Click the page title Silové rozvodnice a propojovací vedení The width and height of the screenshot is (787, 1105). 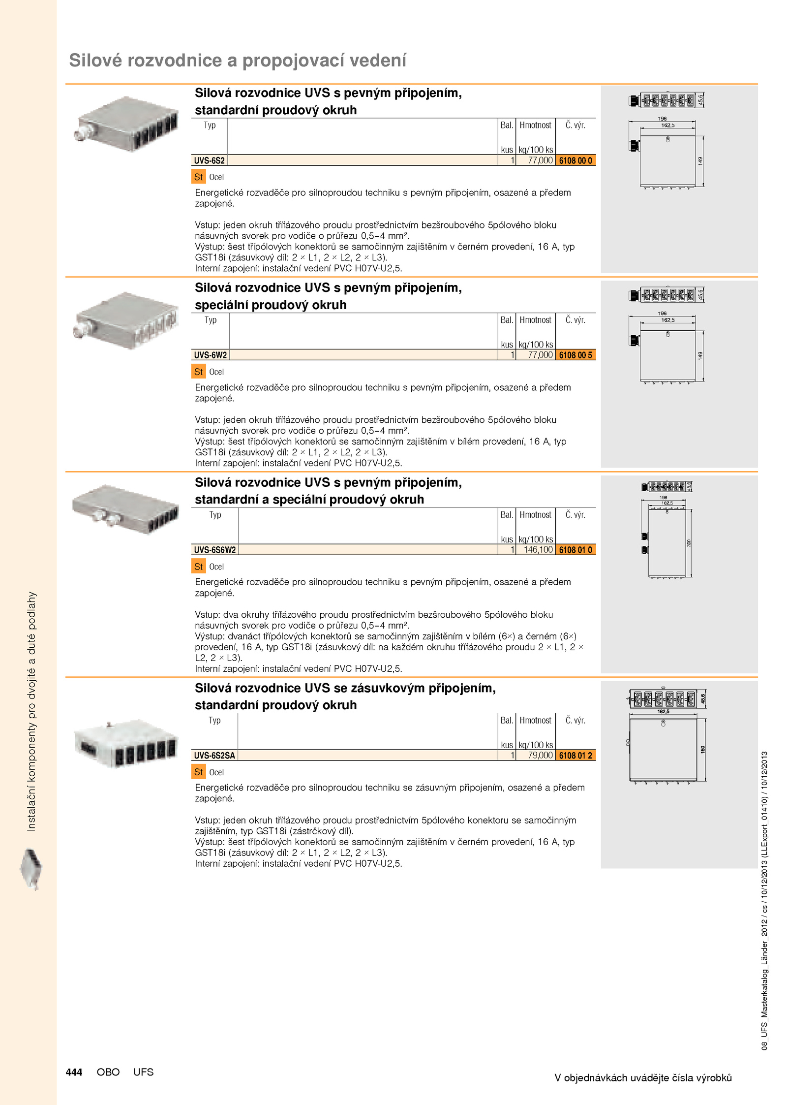(x=238, y=61)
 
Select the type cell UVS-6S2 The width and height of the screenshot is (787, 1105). (x=209, y=160)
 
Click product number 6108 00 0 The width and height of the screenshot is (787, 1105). (x=575, y=160)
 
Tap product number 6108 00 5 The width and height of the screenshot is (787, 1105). (x=575, y=355)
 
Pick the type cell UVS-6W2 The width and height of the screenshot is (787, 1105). (x=210, y=355)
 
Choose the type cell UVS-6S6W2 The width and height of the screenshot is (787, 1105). (x=214, y=550)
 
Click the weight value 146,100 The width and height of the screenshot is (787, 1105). (x=538, y=550)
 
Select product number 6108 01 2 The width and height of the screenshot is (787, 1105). (x=575, y=755)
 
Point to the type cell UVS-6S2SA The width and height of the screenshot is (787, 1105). (x=214, y=755)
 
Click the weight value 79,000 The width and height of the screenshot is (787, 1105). (x=540, y=755)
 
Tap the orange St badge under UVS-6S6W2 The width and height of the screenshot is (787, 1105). (x=198, y=567)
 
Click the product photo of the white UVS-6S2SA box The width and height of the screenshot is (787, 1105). (x=125, y=743)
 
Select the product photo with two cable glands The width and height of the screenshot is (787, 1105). (x=125, y=509)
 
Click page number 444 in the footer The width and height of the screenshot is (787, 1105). (x=74, y=1072)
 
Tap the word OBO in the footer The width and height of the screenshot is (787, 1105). (x=108, y=1072)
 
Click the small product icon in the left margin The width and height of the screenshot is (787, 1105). (x=31, y=869)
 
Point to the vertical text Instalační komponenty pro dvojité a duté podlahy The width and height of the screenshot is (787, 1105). (x=31, y=711)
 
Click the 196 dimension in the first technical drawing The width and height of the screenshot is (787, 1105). (x=662, y=119)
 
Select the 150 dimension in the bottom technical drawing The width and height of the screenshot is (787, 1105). (x=703, y=749)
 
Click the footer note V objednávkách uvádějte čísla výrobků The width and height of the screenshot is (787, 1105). (x=643, y=1077)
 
